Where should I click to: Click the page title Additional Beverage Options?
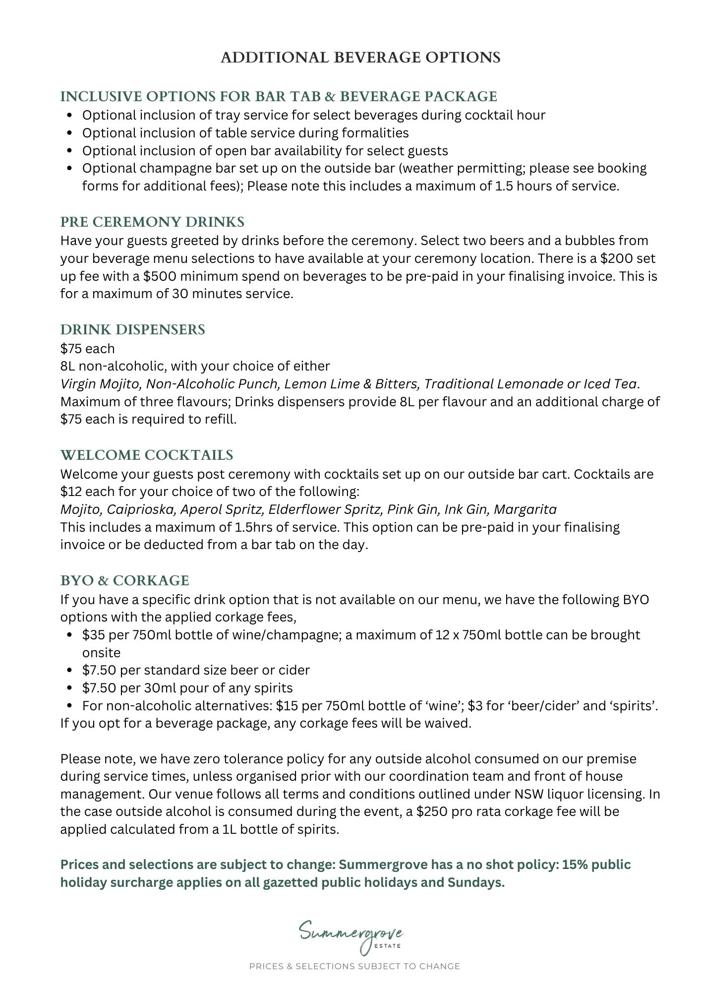point(360,58)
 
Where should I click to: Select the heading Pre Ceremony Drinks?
point(152,222)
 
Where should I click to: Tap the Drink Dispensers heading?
point(132,330)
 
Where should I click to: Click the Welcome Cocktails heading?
point(147,455)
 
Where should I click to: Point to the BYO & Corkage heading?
point(124,581)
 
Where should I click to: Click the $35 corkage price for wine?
point(92,635)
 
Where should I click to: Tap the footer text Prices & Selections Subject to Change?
point(354,967)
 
